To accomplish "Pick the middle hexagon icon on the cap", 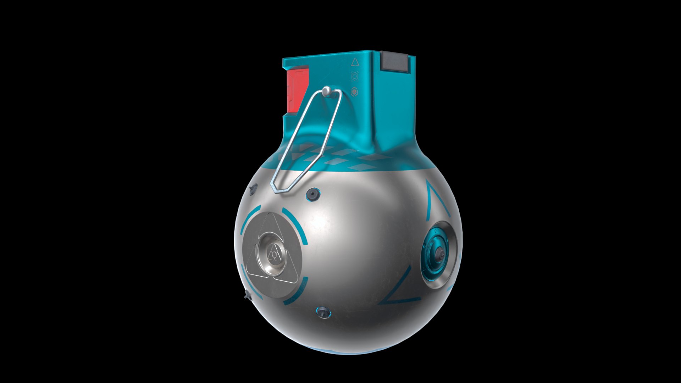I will [x=354, y=76].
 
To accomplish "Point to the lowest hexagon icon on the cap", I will [x=354, y=92].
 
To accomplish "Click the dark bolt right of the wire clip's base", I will [x=312, y=194].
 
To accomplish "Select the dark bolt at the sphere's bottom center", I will [x=323, y=312].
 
